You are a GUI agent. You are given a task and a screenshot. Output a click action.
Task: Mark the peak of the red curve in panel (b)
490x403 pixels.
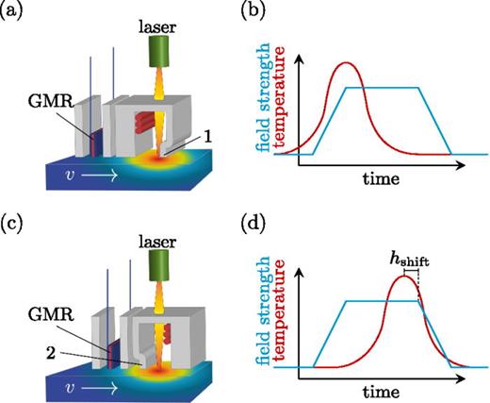click(347, 63)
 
